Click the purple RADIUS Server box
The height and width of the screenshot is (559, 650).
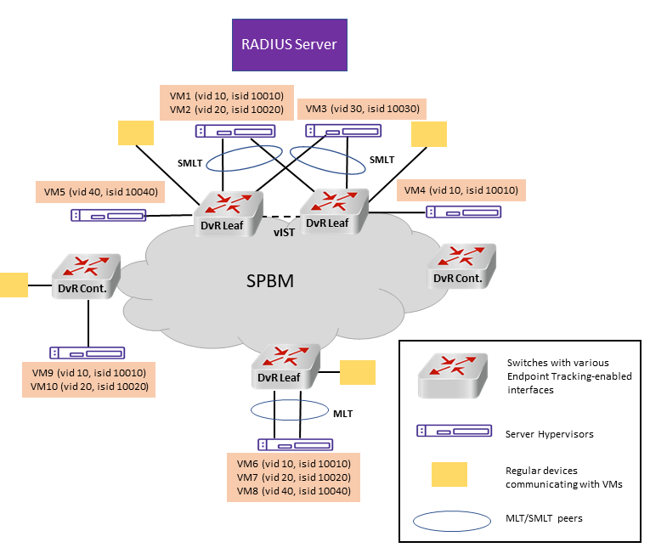pyautogui.click(x=290, y=45)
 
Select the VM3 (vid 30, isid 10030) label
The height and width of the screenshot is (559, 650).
pyautogui.click(x=362, y=109)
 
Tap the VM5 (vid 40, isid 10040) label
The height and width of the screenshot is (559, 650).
pyautogui.click(x=100, y=192)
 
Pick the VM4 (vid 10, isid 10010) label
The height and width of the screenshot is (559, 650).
pyautogui.click(x=461, y=190)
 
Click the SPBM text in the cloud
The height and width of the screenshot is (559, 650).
pyautogui.click(x=270, y=281)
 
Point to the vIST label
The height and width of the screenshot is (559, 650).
pyautogui.click(x=284, y=233)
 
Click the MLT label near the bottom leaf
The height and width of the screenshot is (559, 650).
pyautogui.click(x=342, y=414)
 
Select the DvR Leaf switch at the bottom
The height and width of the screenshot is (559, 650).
pyautogui.click(x=286, y=366)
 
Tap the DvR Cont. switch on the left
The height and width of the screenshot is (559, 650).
pyautogui.click(x=86, y=276)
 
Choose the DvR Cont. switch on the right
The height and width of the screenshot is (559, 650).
pyautogui.click(x=461, y=266)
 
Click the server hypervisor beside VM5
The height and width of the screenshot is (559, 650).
pyautogui.click(x=108, y=216)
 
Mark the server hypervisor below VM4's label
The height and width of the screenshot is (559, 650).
pyautogui.click(x=463, y=212)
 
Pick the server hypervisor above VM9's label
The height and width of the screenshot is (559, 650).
pyautogui.click(x=87, y=353)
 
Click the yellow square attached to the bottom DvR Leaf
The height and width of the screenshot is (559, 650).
pyautogui.click(x=358, y=373)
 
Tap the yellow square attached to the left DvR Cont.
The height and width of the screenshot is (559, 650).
pyautogui.click(x=14, y=285)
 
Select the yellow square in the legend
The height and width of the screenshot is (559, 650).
pyautogui.click(x=449, y=474)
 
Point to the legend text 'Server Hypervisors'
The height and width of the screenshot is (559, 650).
pyautogui.click(x=549, y=434)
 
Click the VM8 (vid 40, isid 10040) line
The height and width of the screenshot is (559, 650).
pyautogui.click(x=294, y=491)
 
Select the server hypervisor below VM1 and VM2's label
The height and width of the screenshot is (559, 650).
pyautogui.click(x=235, y=132)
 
